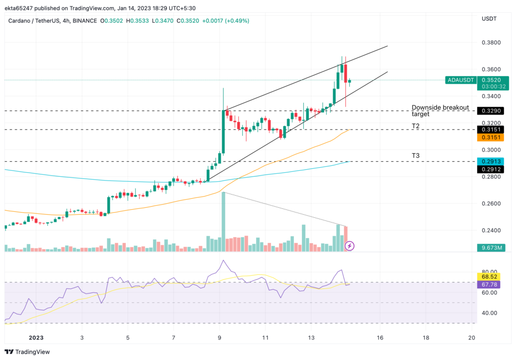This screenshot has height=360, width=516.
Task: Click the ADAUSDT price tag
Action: point(460,80)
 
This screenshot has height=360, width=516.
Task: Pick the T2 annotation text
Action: point(416,126)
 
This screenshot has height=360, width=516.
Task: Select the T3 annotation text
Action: point(416,156)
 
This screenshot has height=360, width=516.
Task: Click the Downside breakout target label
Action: point(440,110)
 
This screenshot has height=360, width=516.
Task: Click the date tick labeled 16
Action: point(379,338)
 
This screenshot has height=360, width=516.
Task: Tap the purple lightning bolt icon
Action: point(350,246)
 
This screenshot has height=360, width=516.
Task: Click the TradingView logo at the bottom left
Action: point(28,351)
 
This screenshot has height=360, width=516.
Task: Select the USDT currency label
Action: point(489,19)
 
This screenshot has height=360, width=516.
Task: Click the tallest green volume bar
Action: point(223,222)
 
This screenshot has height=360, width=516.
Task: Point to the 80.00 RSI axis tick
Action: point(488,271)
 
